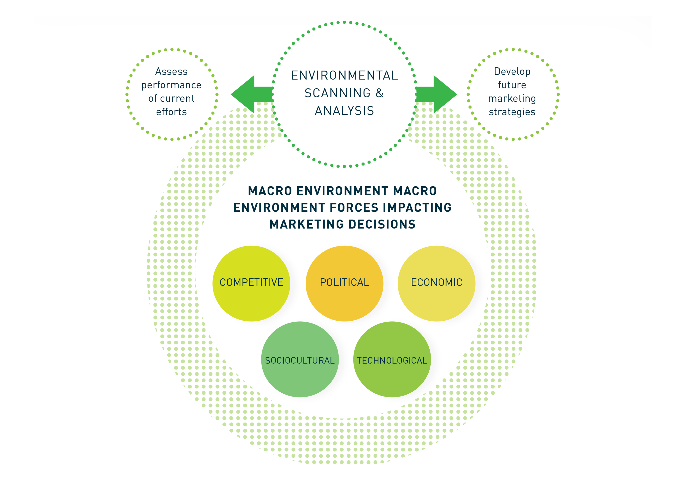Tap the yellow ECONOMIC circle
coord(436,283)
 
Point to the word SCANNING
coord(337,93)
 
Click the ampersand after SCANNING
coord(380,93)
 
